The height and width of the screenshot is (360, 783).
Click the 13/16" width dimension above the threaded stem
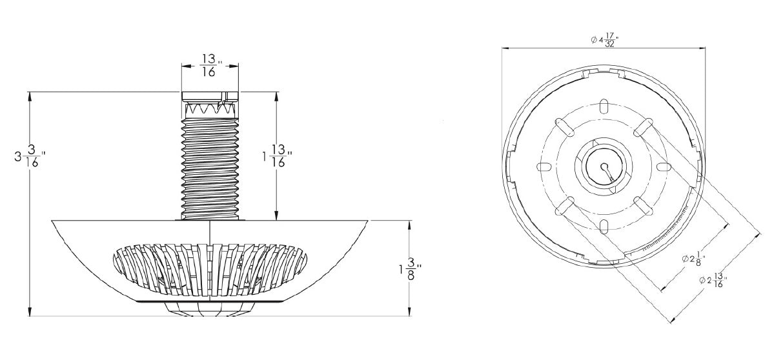tap(211, 65)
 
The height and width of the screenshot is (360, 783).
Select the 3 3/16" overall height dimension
tap(30, 157)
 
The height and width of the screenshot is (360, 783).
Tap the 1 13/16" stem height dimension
tap(278, 156)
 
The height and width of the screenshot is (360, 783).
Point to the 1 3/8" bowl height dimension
tap(411, 269)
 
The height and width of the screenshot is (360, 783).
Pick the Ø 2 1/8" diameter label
tap(693, 259)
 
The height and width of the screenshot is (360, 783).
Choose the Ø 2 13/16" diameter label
tap(713, 280)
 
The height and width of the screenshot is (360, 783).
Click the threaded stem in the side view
tap(210, 169)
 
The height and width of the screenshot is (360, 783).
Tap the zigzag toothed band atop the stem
tap(210, 108)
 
